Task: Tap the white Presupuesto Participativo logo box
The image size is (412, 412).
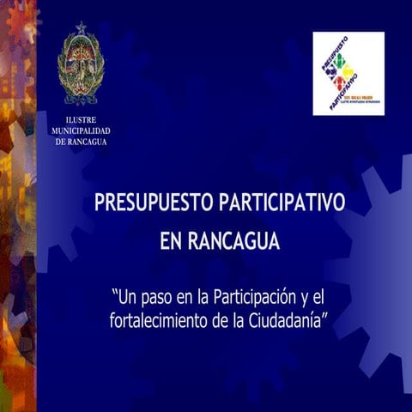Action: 348,73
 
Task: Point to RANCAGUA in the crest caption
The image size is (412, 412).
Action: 89,142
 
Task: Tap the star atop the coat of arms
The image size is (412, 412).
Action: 82,28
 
